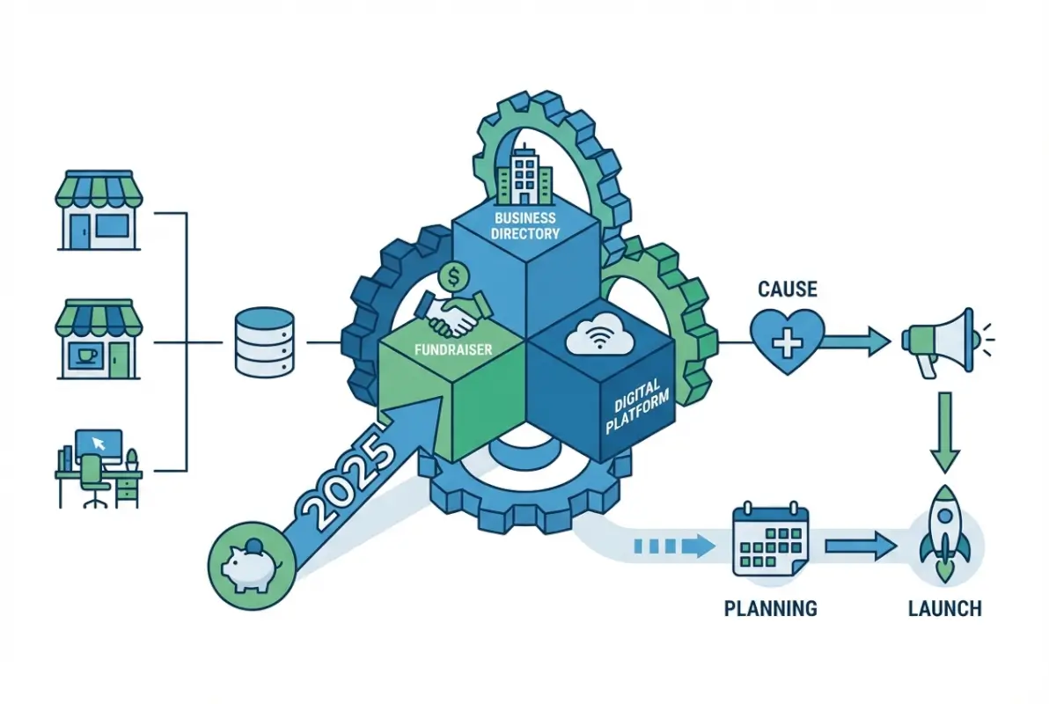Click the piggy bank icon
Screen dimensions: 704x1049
pyautogui.click(x=249, y=565)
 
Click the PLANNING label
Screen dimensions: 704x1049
pyautogui.click(x=770, y=608)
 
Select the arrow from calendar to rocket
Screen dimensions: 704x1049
pyautogui.click(x=861, y=546)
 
